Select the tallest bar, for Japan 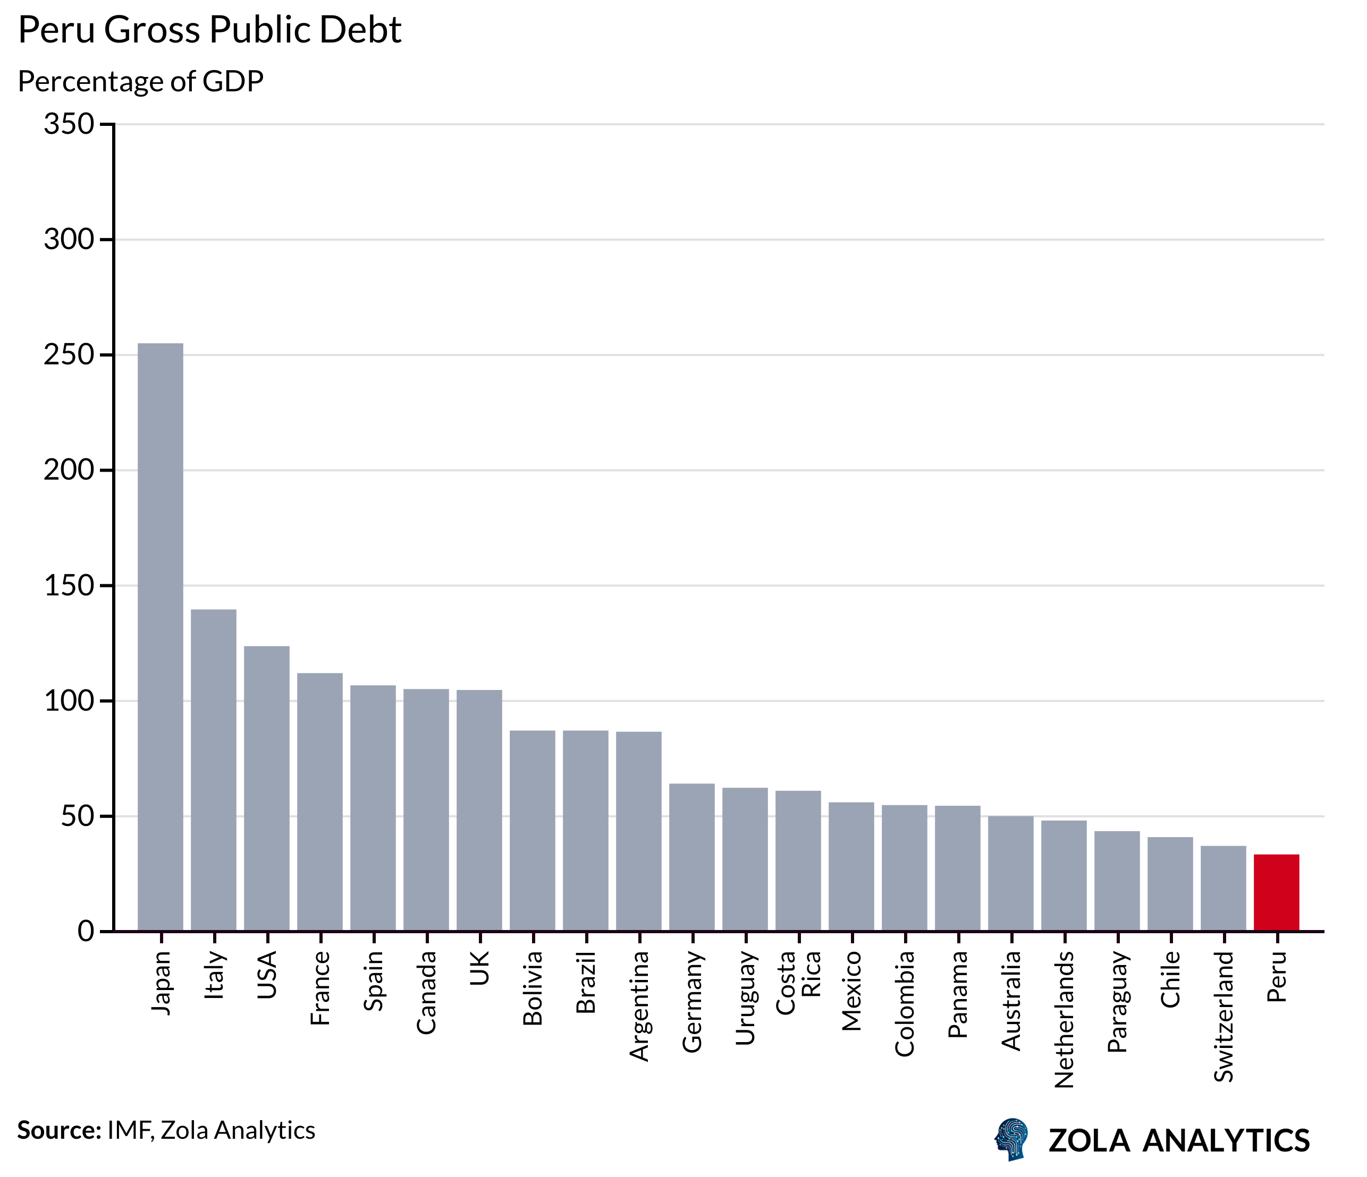(x=161, y=637)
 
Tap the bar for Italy (x=213, y=770)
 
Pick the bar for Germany (x=691, y=857)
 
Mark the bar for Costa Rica (x=798, y=860)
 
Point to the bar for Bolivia (x=533, y=831)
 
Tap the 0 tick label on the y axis (x=86, y=931)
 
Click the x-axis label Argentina (x=639, y=1006)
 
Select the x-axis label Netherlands (x=1064, y=1019)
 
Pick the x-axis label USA (x=266, y=975)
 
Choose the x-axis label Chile (x=1170, y=979)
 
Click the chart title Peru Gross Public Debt (x=210, y=30)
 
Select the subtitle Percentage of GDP (x=140, y=82)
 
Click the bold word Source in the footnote (x=58, y=1130)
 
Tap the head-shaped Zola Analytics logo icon (x=1011, y=1139)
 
